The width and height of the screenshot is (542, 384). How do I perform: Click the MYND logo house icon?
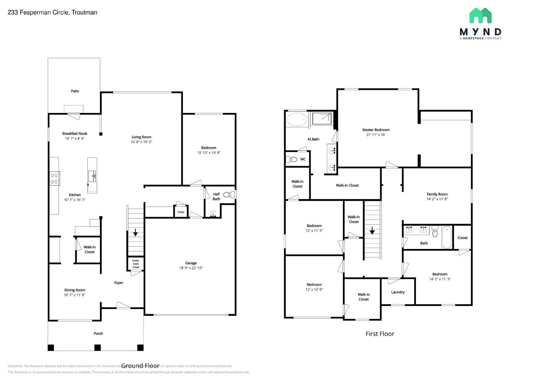tap(480, 16)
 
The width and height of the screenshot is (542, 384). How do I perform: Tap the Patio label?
tap(75, 91)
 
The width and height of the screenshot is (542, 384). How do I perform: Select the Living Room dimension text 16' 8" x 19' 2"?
tap(141, 142)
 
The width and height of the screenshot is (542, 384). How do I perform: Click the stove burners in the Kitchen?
tap(54, 178)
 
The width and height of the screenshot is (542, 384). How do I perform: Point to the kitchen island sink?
tap(92, 176)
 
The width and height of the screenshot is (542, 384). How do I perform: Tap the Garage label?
tap(191, 263)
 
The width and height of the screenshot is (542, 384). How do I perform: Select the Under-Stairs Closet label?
tap(136, 264)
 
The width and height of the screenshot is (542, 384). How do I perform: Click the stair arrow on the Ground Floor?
tap(135, 233)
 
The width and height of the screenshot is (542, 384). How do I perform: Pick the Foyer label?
tap(119, 283)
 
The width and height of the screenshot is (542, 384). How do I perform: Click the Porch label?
tap(98, 333)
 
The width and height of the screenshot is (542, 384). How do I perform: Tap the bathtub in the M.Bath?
tap(297, 119)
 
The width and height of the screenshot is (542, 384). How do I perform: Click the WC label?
tap(303, 159)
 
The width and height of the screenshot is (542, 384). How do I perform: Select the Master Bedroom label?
tap(376, 130)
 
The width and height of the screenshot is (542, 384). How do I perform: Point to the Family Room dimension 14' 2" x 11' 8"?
tap(437, 199)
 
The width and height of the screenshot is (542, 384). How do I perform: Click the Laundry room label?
tap(398, 292)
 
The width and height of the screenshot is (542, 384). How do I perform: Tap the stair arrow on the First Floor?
tap(372, 231)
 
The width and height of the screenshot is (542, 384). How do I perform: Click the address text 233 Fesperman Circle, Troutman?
tap(53, 12)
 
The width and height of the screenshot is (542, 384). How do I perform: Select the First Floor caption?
tap(380, 334)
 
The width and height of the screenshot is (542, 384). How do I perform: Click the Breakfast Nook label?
tap(75, 133)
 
